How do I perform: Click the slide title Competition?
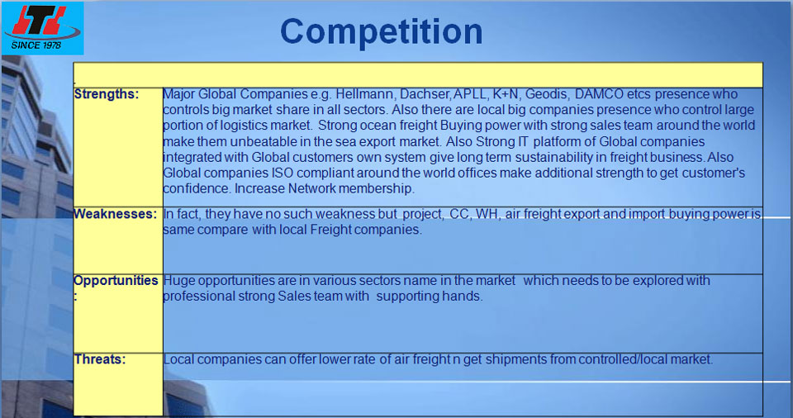point(382,32)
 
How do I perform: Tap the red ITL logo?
point(40,21)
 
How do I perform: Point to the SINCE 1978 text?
point(36,45)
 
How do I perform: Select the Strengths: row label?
point(107,94)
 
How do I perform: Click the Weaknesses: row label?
point(116,214)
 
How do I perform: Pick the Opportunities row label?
point(116,280)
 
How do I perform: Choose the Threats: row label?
point(100,359)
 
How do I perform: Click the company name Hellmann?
point(365,94)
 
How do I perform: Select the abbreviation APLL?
point(470,94)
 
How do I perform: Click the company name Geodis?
point(546,94)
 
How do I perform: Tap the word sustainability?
point(548,158)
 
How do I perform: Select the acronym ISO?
point(283,173)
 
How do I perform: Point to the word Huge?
point(179,280)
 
